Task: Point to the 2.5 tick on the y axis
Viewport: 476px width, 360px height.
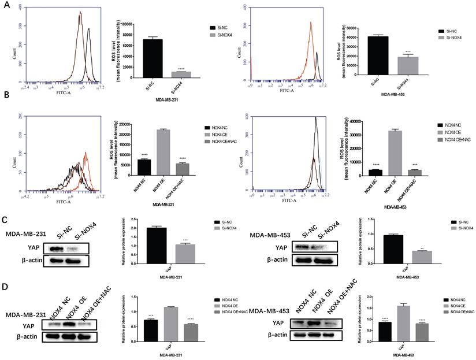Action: coord(128,220)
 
